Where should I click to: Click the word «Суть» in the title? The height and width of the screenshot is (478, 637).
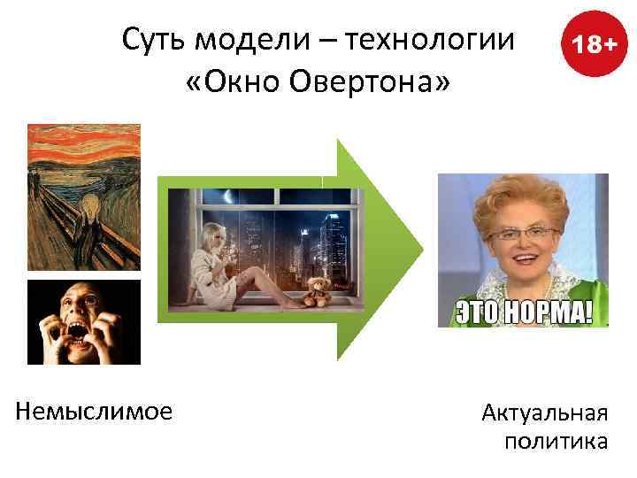(x=155, y=40)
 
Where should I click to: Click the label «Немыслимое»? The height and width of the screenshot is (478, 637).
(x=94, y=411)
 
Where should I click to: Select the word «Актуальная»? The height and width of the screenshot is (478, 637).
(x=544, y=412)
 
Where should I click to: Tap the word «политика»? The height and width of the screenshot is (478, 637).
(x=556, y=441)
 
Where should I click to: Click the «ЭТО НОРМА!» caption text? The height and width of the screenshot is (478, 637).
(x=523, y=312)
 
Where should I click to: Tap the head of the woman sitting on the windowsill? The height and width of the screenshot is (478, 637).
(x=216, y=235)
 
